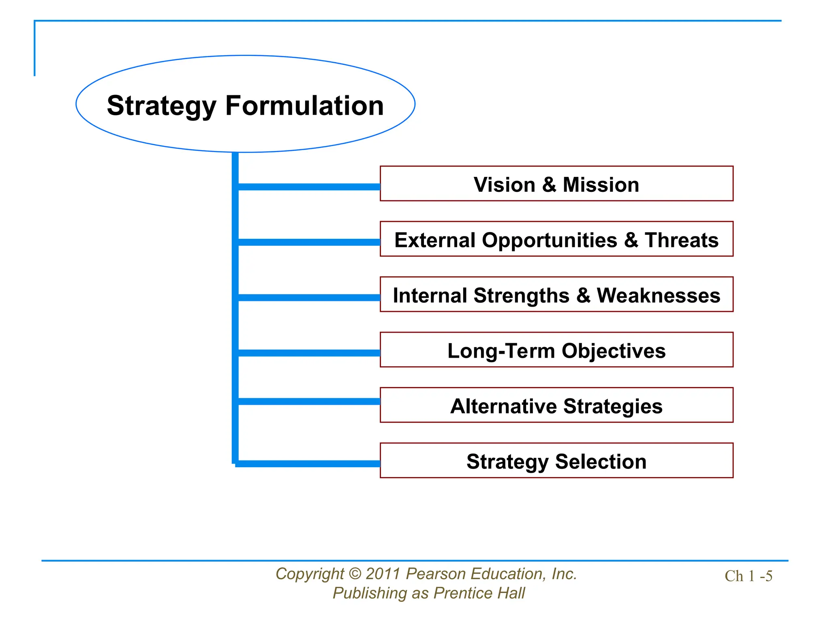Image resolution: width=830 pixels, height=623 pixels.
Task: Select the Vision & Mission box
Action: tap(556, 184)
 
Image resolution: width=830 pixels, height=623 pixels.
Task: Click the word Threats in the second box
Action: tap(682, 240)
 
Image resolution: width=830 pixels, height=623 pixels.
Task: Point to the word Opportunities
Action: tap(549, 241)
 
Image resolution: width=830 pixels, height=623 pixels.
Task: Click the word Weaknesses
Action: tap(658, 295)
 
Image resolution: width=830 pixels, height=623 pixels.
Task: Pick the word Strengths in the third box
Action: tap(521, 296)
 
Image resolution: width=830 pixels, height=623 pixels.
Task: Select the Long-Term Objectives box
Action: tap(556, 350)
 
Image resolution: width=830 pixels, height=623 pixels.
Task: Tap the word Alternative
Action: tap(503, 406)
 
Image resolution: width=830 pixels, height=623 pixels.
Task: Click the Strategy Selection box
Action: tap(556, 461)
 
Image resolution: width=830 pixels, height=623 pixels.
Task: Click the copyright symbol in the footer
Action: tap(354, 574)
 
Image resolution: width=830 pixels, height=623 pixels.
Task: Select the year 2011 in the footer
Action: tap(383, 574)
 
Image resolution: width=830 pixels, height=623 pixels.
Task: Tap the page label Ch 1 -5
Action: tap(748, 576)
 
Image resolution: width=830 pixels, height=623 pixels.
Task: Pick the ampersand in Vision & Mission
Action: tap(549, 185)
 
